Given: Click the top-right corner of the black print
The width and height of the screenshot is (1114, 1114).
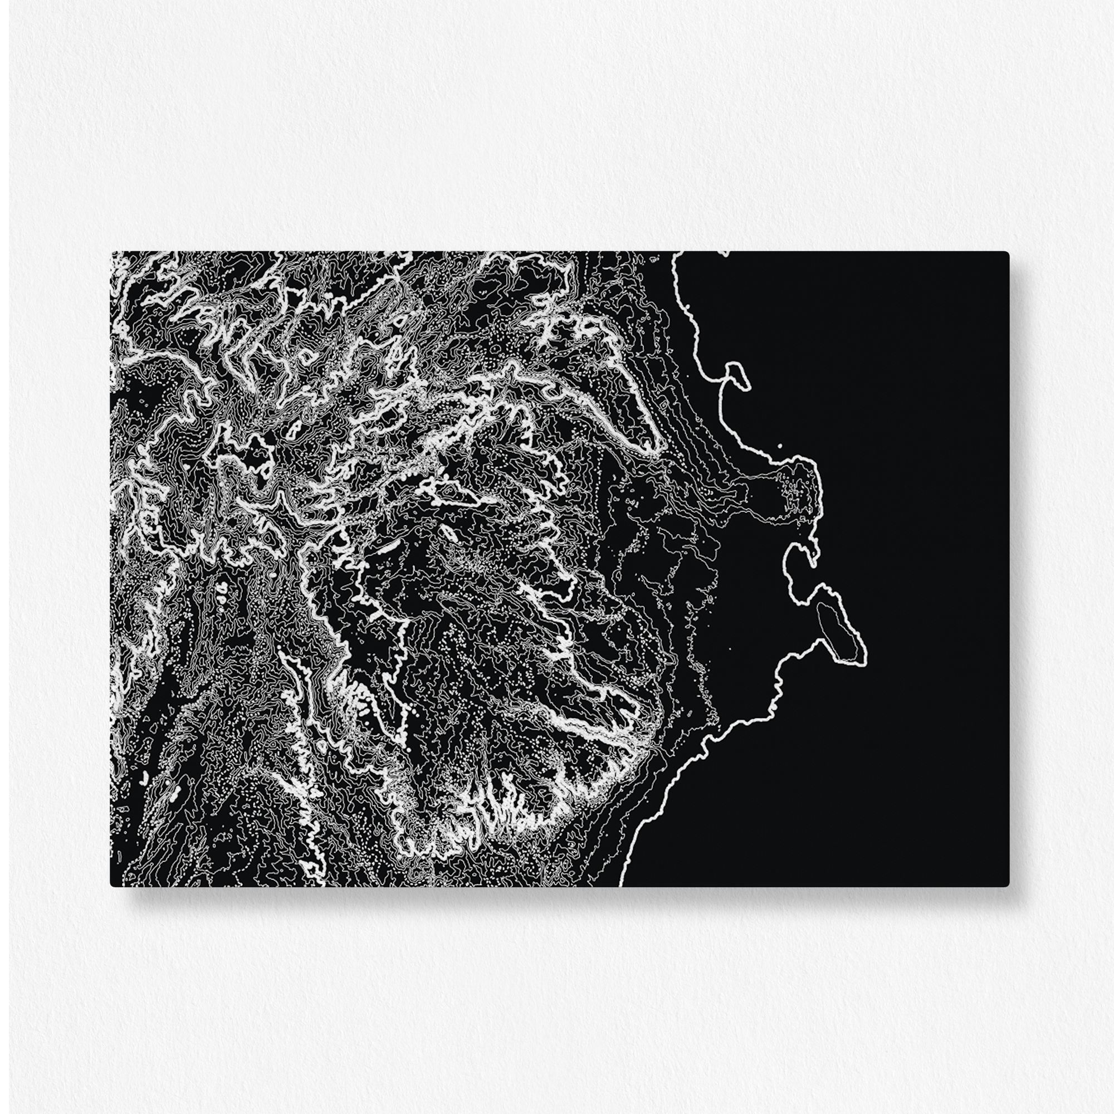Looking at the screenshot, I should [x=1008, y=252].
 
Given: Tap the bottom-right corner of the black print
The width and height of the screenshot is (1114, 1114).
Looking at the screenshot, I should [x=1008, y=886].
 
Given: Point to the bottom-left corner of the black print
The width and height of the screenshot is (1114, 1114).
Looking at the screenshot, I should [x=111, y=886].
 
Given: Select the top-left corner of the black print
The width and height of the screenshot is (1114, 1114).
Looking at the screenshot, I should [x=111, y=252].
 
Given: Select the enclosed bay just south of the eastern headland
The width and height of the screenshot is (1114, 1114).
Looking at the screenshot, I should [x=798, y=568].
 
